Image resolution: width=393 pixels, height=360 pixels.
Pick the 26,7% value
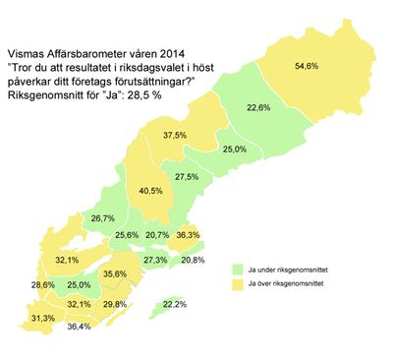tap(103, 217)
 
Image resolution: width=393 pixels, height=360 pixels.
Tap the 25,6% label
tap(127, 235)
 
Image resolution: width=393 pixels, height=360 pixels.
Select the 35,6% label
tap(116, 273)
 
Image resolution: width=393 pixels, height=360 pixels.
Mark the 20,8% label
tap(192, 260)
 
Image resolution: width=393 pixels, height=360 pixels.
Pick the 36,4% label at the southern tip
tap(80, 326)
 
